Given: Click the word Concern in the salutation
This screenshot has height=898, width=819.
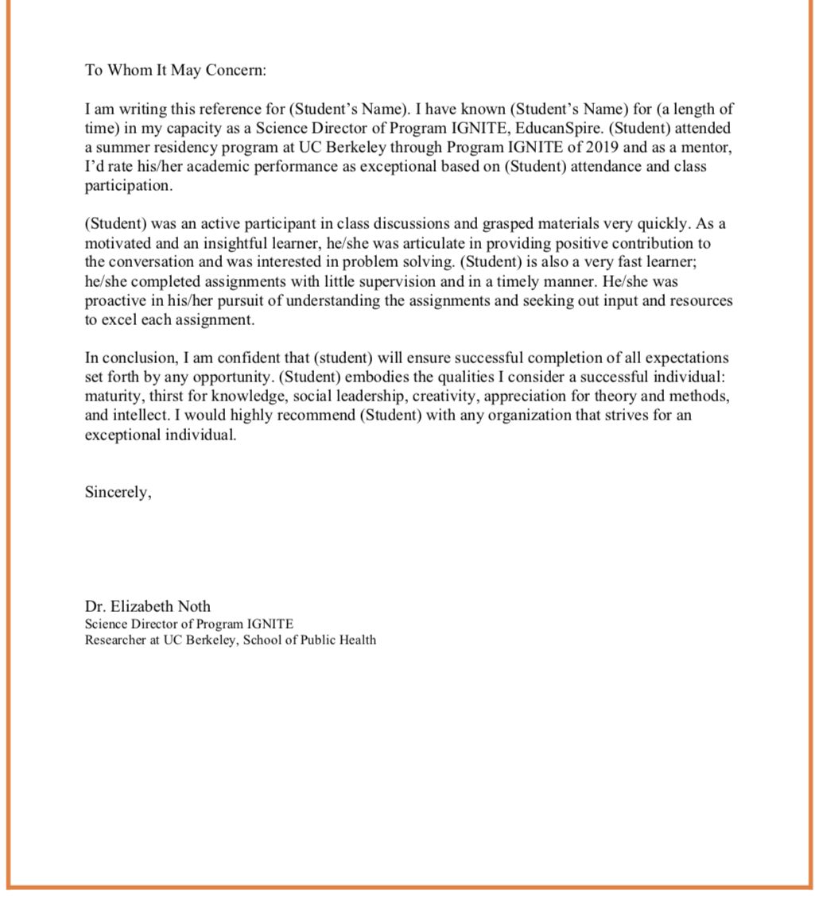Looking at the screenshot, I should (235, 70).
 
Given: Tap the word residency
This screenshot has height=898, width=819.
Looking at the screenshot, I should (180, 147).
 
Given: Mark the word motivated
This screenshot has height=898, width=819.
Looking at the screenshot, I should (118, 243).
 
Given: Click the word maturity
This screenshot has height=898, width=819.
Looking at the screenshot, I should (111, 396).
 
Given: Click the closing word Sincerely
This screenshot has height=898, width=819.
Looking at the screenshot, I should (118, 493).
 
